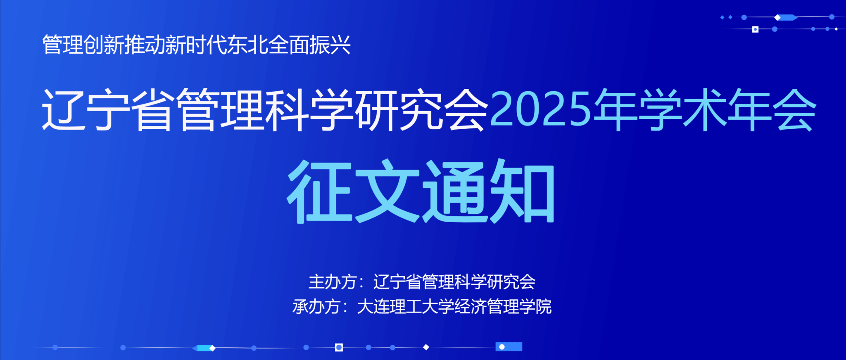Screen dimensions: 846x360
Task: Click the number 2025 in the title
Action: point(541,109)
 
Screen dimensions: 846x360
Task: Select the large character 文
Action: point(387,191)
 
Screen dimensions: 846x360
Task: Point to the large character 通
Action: point(454,191)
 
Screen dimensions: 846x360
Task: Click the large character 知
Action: point(522,191)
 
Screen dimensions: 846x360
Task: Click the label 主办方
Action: point(333,282)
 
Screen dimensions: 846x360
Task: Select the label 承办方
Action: point(316,307)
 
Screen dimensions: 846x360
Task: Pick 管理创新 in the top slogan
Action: point(83,45)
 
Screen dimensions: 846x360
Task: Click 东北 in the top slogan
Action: point(248,45)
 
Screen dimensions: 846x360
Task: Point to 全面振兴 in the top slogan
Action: point(310,45)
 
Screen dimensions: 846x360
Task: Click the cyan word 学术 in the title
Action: point(682,109)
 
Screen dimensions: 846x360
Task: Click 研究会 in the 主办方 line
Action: point(511,282)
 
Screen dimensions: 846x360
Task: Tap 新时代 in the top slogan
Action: point(197,45)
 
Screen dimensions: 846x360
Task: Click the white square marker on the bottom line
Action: point(339,347)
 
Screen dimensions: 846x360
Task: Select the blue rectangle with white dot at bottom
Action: point(509,347)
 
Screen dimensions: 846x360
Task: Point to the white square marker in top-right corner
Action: point(755,29)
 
